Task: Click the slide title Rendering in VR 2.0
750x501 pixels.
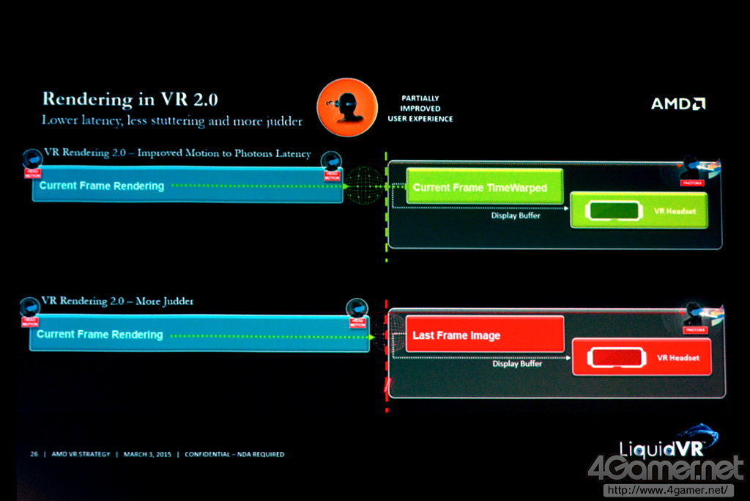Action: (130, 99)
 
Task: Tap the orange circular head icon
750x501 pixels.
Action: (346, 107)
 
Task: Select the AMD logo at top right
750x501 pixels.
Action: (678, 103)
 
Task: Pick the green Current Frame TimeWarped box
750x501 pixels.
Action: (484, 187)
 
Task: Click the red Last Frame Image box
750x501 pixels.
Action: (484, 334)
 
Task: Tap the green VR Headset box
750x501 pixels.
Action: (638, 211)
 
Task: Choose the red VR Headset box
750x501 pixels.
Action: (641, 357)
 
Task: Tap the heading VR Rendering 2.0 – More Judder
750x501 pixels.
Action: (117, 301)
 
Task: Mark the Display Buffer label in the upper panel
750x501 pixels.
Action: (516, 216)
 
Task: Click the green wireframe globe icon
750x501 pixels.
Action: (364, 186)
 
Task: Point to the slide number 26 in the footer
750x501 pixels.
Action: (34, 454)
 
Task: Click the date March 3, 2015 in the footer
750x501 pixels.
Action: (147, 454)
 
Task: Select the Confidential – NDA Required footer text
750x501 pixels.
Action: (234, 454)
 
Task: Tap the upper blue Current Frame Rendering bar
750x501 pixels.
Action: (187, 186)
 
